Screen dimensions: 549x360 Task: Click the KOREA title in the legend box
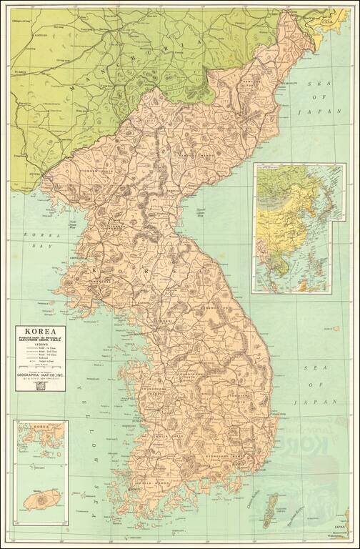pyautogui.click(x=39, y=331)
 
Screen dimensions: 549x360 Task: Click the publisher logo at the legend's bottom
pyautogui.click(x=39, y=387)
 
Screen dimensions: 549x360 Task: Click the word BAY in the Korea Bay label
pyautogui.click(x=26, y=245)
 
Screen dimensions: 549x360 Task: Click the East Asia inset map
pyautogui.click(x=299, y=228)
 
